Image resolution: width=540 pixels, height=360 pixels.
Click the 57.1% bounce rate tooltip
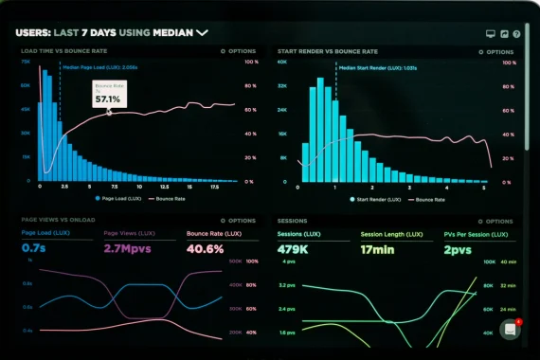[107, 94]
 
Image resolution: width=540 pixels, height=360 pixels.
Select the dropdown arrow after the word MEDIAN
[202, 32]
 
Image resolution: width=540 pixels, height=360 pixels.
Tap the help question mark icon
[518, 33]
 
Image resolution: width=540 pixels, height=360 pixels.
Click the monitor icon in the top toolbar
[490, 33]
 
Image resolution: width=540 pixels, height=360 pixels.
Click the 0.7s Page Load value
[33, 248]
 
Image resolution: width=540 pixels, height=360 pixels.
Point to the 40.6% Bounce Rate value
[205, 248]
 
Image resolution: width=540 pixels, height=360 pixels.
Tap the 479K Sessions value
[295, 248]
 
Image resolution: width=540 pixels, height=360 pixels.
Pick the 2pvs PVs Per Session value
[460, 248]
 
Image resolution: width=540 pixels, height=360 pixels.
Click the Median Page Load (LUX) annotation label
[99, 67]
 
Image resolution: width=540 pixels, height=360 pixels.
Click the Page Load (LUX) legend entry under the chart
[118, 199]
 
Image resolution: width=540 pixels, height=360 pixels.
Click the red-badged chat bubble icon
[511, 330]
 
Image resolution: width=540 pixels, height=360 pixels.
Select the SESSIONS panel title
[292, 220]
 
